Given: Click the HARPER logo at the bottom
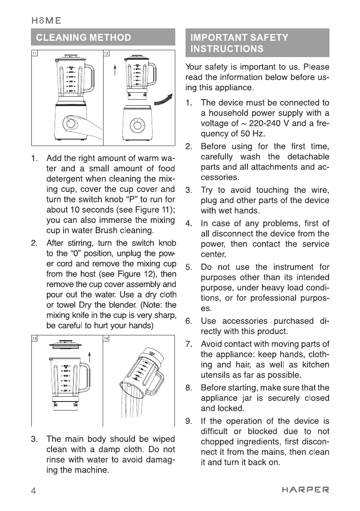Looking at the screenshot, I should pyautogui.click(x=305, y=489).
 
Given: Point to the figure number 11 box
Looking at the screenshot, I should pyautogui.click(x=34, y=53).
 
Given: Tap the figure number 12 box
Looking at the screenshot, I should pyautogui.click(x=107, y=53).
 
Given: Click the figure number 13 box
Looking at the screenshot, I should pyautogui.click(x=34, y=338).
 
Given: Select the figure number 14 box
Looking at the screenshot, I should pyautogui.click(x=107, y=338).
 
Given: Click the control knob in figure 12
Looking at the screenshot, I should pyautogui.click(x=138, y=125).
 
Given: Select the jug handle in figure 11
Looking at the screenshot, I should pyautogui.click(x=88, y=77).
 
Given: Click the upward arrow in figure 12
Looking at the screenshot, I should pyautogui.click(x=116, y=69).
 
